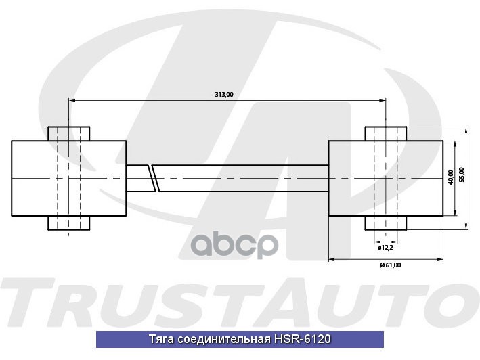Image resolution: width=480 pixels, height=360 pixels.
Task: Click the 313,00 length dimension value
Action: (x=223, y=95)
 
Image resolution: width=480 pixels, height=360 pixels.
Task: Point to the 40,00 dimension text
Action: (x=451, y=177)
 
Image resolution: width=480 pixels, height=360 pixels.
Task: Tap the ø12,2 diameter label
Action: (x=386, y=248)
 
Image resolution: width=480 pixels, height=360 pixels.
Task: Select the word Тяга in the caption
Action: (x=160, y=339)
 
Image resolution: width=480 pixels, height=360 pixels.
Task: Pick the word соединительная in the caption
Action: (x=222, y=339)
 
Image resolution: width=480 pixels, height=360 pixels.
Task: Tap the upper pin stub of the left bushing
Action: (x=68, y=133)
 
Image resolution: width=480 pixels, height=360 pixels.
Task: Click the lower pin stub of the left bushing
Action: (x=68, y=223)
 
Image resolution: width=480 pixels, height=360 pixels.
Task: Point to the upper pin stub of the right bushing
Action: (x=386, y=133)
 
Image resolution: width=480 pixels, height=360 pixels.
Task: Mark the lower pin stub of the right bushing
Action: (x=386, y=223)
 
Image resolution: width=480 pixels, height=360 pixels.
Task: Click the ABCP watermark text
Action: (x=250, y=243)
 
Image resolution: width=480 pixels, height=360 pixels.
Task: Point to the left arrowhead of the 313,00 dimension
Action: (x=71, y=100)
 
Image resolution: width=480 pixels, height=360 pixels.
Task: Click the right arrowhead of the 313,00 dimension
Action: (x=383, y=100)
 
